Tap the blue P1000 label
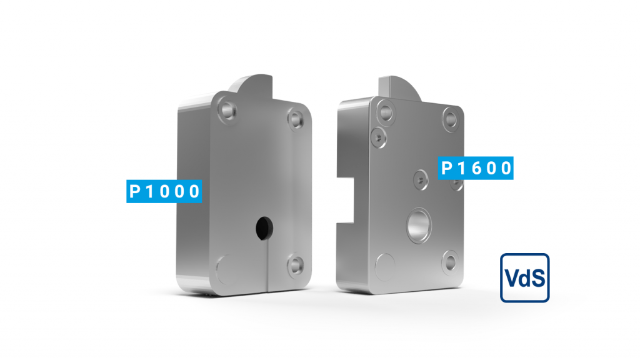[164, 191]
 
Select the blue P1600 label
[476, 168]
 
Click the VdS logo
[525, 278]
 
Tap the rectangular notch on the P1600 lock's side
[349, 199]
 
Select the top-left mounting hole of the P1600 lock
[386, 112]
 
